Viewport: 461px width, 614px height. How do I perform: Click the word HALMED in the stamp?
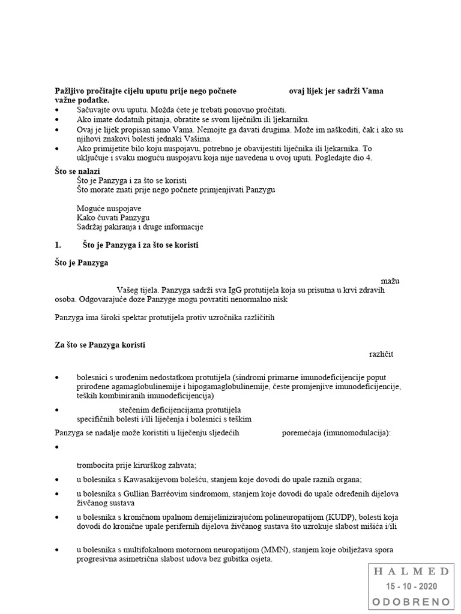(412, 571)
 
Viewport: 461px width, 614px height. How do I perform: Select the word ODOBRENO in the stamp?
(412, 601)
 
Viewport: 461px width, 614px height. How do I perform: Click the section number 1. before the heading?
(58, 246)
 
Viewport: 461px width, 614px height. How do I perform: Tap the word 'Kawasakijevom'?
(142, 480)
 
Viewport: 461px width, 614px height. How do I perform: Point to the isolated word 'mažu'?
(391, 281)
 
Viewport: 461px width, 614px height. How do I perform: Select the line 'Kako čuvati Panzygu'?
(113, 218)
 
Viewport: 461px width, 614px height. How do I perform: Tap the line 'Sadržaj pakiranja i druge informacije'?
(140, 227)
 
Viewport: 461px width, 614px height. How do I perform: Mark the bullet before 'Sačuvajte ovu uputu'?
(57, 110)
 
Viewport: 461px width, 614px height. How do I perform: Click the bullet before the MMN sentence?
(57, 550)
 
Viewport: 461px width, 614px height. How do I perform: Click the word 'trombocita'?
(95, 465)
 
